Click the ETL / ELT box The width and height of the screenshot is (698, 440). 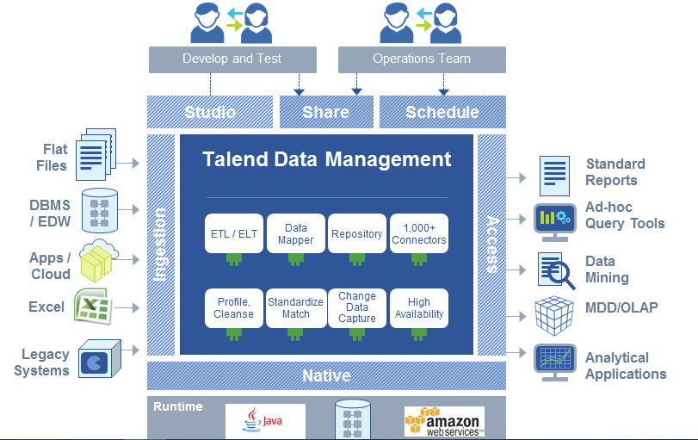(234, 233)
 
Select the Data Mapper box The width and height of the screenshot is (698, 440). (295, 233)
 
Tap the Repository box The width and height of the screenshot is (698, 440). (357, 233)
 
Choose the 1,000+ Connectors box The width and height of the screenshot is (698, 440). (419, 233)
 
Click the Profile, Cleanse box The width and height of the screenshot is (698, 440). (234, 307)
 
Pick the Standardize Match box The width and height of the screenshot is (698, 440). (295, 307)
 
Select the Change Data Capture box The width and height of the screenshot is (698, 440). (357, 307)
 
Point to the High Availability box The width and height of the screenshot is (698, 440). (419, 307)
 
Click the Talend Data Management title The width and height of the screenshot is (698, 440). (326, 159)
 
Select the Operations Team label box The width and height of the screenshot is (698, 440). (422, 59)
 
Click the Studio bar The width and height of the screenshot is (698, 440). (210, 112)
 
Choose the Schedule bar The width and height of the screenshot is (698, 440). (442, 112)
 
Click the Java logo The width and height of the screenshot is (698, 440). (265, 420)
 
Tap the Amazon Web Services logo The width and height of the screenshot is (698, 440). (444, 420)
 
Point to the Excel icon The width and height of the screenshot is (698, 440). (95, 307)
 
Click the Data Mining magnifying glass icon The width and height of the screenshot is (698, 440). (555, 270)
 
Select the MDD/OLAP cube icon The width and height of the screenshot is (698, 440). (554, 314)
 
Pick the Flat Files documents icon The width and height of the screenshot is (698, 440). (96, 155)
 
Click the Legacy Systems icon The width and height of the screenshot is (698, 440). (96, 361)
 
